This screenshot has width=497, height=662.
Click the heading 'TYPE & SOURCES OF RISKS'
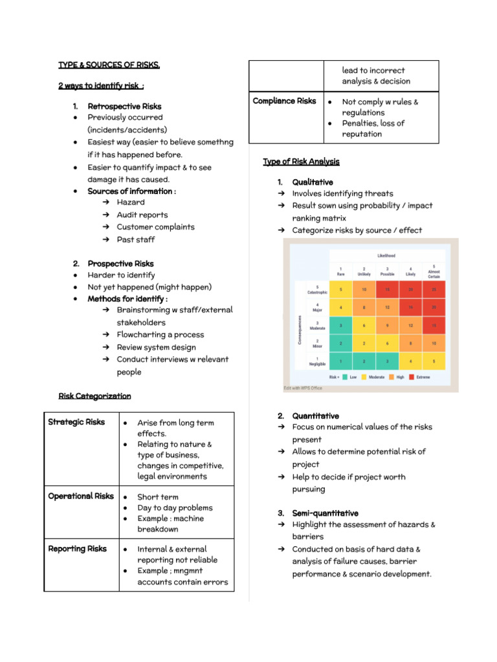109,65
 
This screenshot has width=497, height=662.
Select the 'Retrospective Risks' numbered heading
124,106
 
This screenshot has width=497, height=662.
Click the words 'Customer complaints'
155,227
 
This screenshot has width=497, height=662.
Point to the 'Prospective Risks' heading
120,264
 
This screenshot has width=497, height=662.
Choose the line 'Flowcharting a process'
160,335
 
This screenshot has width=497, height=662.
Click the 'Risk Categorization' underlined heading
94,396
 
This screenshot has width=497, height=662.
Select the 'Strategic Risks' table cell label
76,422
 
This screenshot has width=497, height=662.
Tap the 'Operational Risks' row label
81,496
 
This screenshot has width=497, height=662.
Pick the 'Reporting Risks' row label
78,549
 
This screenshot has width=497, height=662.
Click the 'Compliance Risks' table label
285,101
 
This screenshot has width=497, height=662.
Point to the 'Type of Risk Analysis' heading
301,162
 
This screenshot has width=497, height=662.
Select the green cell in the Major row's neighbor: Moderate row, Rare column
341,326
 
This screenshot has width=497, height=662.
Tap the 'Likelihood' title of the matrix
386,256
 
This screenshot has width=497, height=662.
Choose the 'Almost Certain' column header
433,272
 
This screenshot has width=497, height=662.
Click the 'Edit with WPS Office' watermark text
303,388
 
